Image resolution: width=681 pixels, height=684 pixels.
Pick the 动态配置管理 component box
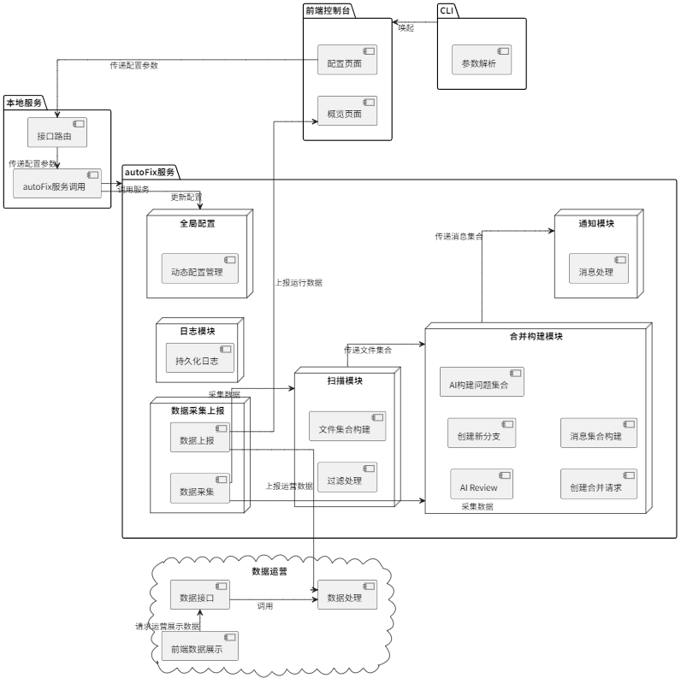(x=199, y=269)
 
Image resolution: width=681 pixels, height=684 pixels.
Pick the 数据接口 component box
(x=199, y=596)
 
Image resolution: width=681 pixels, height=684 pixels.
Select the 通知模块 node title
(x=597, y=223)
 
